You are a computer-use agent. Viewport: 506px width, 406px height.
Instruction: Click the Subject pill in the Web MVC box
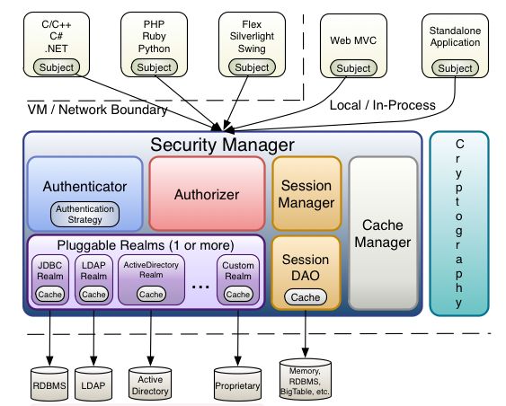pyautogui.click(x=353, y=68)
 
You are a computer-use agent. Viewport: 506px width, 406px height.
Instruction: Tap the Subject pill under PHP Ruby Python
pyautogui.click(x=155, y=67)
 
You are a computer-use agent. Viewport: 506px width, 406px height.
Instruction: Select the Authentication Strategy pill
pyautogui.click(x=84, y=214)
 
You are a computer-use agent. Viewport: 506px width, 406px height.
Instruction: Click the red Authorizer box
pyautogui.click(x=207, y=194)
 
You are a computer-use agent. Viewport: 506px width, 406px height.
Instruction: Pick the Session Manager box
pyautogui.click(x=306, y=194)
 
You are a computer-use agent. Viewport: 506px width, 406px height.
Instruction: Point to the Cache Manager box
pyautogui.click(x=383, y=234)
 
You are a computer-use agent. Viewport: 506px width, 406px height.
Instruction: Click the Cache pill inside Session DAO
pyautogui.click(x=306, y=297)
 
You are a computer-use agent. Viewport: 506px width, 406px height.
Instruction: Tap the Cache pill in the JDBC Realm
pyautogui.click(x=49, y=294)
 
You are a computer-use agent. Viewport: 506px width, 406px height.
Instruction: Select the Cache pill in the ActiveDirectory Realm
pyautogui.click(x=151, y=294)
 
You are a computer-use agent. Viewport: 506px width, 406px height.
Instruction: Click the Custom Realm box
pyautogui.click(x=238, y=279)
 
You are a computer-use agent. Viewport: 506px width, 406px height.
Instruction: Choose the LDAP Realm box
pyautogui.click(x=93, y=279)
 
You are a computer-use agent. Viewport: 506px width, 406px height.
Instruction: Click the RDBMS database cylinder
pyautogui.click(x=49, y=384)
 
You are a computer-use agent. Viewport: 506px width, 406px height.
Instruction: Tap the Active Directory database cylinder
pyautogui.click(x=150, y=384)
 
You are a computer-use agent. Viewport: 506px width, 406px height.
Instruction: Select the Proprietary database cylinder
pyautogui.click(x=237, y=384)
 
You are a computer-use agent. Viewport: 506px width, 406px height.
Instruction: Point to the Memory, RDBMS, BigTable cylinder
pyautogui.click(x=306, y=379)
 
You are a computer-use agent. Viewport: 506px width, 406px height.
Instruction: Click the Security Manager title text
pyautogui.click(x=222, y=145)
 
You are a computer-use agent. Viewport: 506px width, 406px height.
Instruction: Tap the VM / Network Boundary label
pyautogui.click(x=97, y=110)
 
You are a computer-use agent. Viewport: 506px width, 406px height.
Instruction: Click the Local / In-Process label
pyautogui.click(x=382, y=105)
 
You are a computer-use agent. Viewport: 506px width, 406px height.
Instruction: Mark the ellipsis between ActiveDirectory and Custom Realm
pyautogui.click(x=200, y=286)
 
